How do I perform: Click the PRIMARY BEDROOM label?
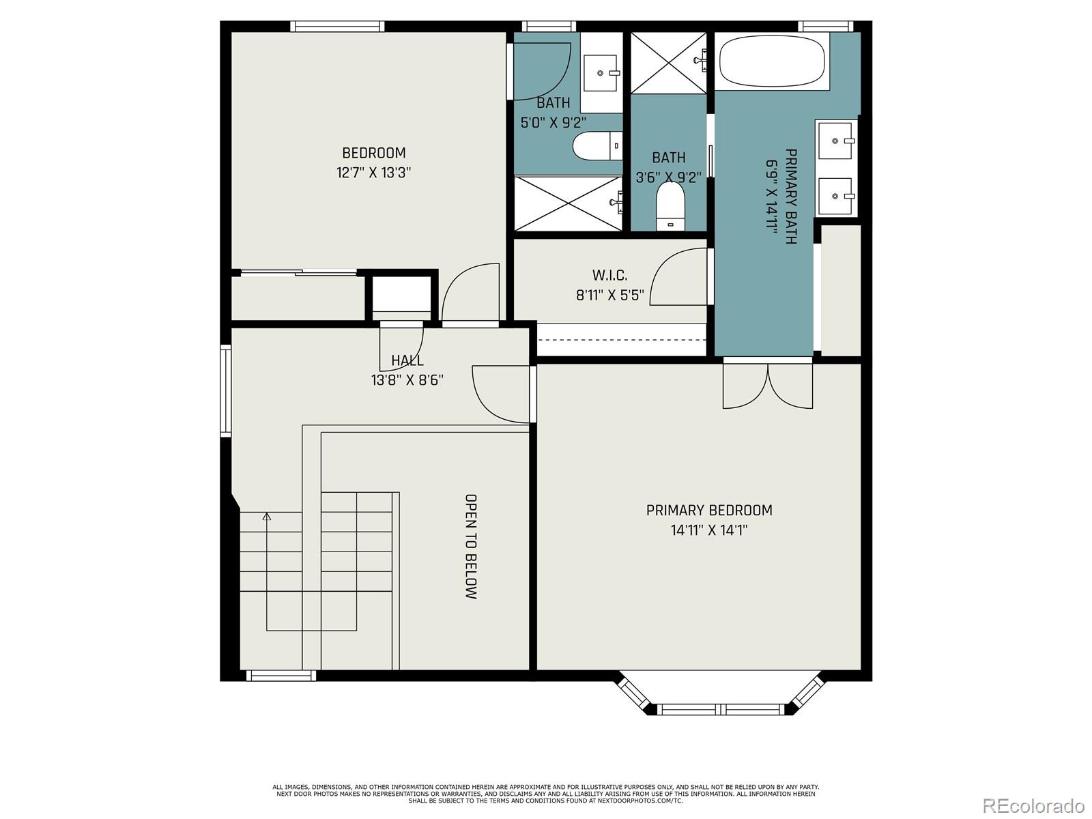click(x=709, y=511)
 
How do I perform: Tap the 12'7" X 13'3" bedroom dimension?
click(x=373, y=173)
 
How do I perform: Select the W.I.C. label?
click(x=609, y=276)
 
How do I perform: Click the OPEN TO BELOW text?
click(x=470, y=546)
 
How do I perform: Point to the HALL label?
click(x=407, y=360)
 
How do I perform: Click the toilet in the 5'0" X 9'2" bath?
click(x=597, y=146)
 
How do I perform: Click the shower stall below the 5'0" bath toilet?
click(x=568, y=203)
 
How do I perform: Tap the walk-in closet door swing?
click(x=679, y=276)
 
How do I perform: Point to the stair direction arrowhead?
click(x=267, y=517)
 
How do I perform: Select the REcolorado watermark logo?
click(x=1033, y=805)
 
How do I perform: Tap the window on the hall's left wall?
click(x=225, y=390)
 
